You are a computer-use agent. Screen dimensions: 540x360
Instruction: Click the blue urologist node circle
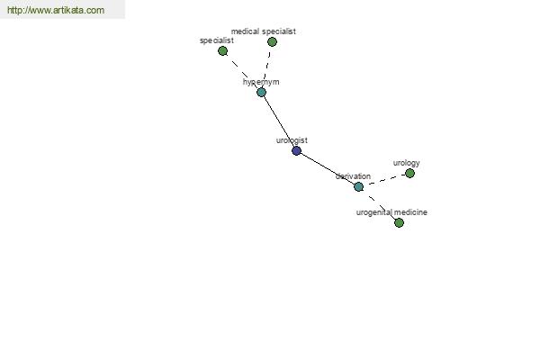click(296, 150)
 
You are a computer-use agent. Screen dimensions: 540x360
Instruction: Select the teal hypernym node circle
click(261, 92)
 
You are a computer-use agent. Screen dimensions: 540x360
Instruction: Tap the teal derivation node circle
click(358, 186)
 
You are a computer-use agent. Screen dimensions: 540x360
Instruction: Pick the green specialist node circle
click(223, 51)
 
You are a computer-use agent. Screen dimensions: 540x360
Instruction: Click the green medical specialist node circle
click(272, 42)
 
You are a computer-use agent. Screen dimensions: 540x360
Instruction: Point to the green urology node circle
click(409, 174)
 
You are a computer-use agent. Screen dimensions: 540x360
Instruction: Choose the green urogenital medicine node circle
click(399, 223)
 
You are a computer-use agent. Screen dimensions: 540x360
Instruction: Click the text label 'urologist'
click(292, 140)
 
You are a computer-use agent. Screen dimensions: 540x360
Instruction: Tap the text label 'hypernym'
click(261, 82)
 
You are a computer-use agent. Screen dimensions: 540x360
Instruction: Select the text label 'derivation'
click(353, 176)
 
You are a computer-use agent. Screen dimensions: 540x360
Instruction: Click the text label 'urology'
click(407, 163)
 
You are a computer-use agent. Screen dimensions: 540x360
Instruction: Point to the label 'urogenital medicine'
click(391, 212)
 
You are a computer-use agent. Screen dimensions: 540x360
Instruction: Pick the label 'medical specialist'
click(264, 31)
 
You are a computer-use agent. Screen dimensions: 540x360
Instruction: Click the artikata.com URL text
click(56, 10)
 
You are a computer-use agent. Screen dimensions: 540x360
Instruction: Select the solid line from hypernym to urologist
click(279, 121)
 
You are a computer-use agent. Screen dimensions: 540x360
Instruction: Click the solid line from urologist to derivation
click(328, 169)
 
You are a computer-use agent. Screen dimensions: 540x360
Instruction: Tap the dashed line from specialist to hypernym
click(242, 72)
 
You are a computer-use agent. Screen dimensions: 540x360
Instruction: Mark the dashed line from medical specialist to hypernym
click(267, 67)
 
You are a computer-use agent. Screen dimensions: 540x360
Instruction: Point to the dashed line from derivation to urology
click(384, 180)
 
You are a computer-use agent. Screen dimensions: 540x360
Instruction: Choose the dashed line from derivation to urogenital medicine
click(379, 205)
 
